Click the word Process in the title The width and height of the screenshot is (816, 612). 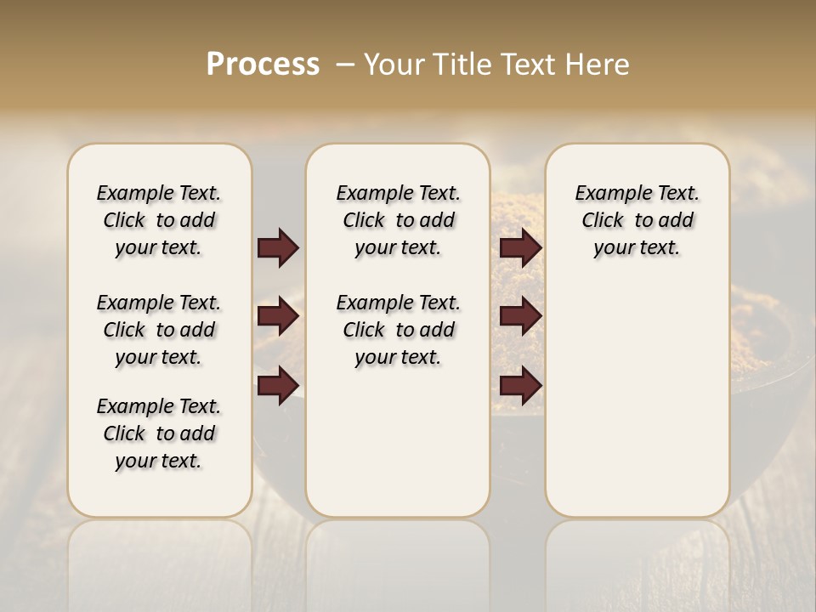click(x=263, y=65)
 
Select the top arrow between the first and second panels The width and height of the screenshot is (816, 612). click(x=278, y=248)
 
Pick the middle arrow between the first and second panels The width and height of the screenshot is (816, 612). click(x=278, y=317)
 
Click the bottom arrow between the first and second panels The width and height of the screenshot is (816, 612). click(x=278, y=386)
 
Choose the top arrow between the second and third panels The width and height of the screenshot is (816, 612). click(x=521, y=248)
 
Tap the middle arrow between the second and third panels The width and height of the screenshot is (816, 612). click(x=521, y=317)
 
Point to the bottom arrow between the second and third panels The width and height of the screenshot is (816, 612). click(x=521, y=386)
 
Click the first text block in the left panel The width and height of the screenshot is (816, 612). click(x=159, y=220)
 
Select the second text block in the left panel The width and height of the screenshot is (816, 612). click(x=159, y=330)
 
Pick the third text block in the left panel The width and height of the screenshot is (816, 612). click(x=159, y=433)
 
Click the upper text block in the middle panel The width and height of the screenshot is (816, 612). click(x=399, y=220)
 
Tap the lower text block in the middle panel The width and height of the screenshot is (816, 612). click(x=399, y=330)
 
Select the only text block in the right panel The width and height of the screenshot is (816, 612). click(x=637, y=220)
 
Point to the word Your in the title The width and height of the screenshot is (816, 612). click(x=394, y=65)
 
